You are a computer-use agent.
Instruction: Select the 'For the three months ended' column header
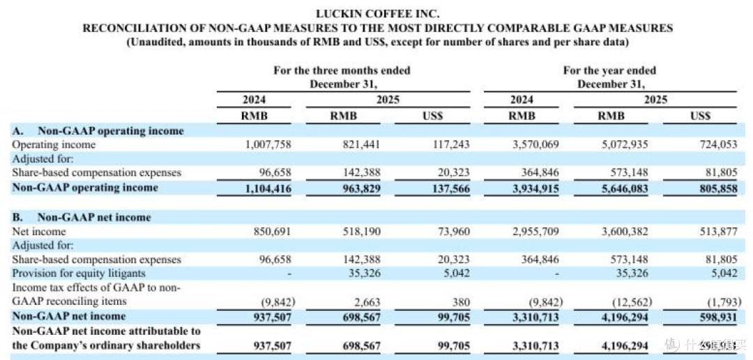pos(342,70)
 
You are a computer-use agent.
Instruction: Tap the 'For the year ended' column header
pos(609,70)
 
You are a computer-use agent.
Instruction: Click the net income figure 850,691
pos(273,231)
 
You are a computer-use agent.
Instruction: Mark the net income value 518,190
pos(362,231)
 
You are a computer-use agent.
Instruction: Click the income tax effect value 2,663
pos(368,302)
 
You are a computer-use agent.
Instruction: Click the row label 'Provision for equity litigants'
pos(78,273)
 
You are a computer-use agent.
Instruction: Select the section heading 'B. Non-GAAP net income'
pos(81,217)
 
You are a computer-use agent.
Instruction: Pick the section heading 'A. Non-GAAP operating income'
pos(98,130)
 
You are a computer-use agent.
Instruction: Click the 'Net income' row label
pos(38,231)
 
